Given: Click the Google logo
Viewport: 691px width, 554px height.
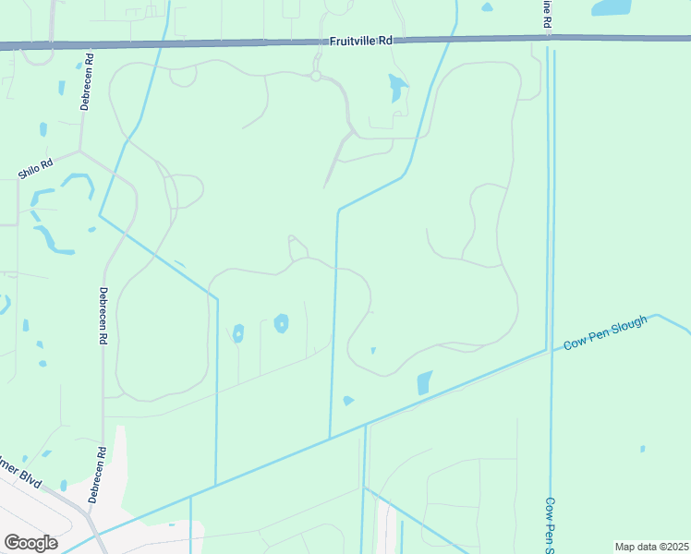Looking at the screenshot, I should point(31,543).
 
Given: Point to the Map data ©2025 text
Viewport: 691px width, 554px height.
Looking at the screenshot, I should point(652,547).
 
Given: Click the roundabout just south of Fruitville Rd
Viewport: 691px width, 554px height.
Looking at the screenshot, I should point(316,76).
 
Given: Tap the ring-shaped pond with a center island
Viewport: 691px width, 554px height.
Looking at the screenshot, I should point(281,323).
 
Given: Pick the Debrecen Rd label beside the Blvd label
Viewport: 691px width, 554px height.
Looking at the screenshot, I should point(96,476).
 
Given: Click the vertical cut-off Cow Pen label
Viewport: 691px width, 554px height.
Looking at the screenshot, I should point(549,525).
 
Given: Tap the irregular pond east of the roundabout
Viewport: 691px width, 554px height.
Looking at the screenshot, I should point(396,88).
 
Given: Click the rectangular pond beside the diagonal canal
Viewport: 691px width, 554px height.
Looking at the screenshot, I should point(425,382).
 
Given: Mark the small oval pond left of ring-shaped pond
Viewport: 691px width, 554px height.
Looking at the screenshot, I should point(238,333).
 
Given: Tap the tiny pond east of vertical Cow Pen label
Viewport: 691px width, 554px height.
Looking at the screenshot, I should point(643,450).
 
